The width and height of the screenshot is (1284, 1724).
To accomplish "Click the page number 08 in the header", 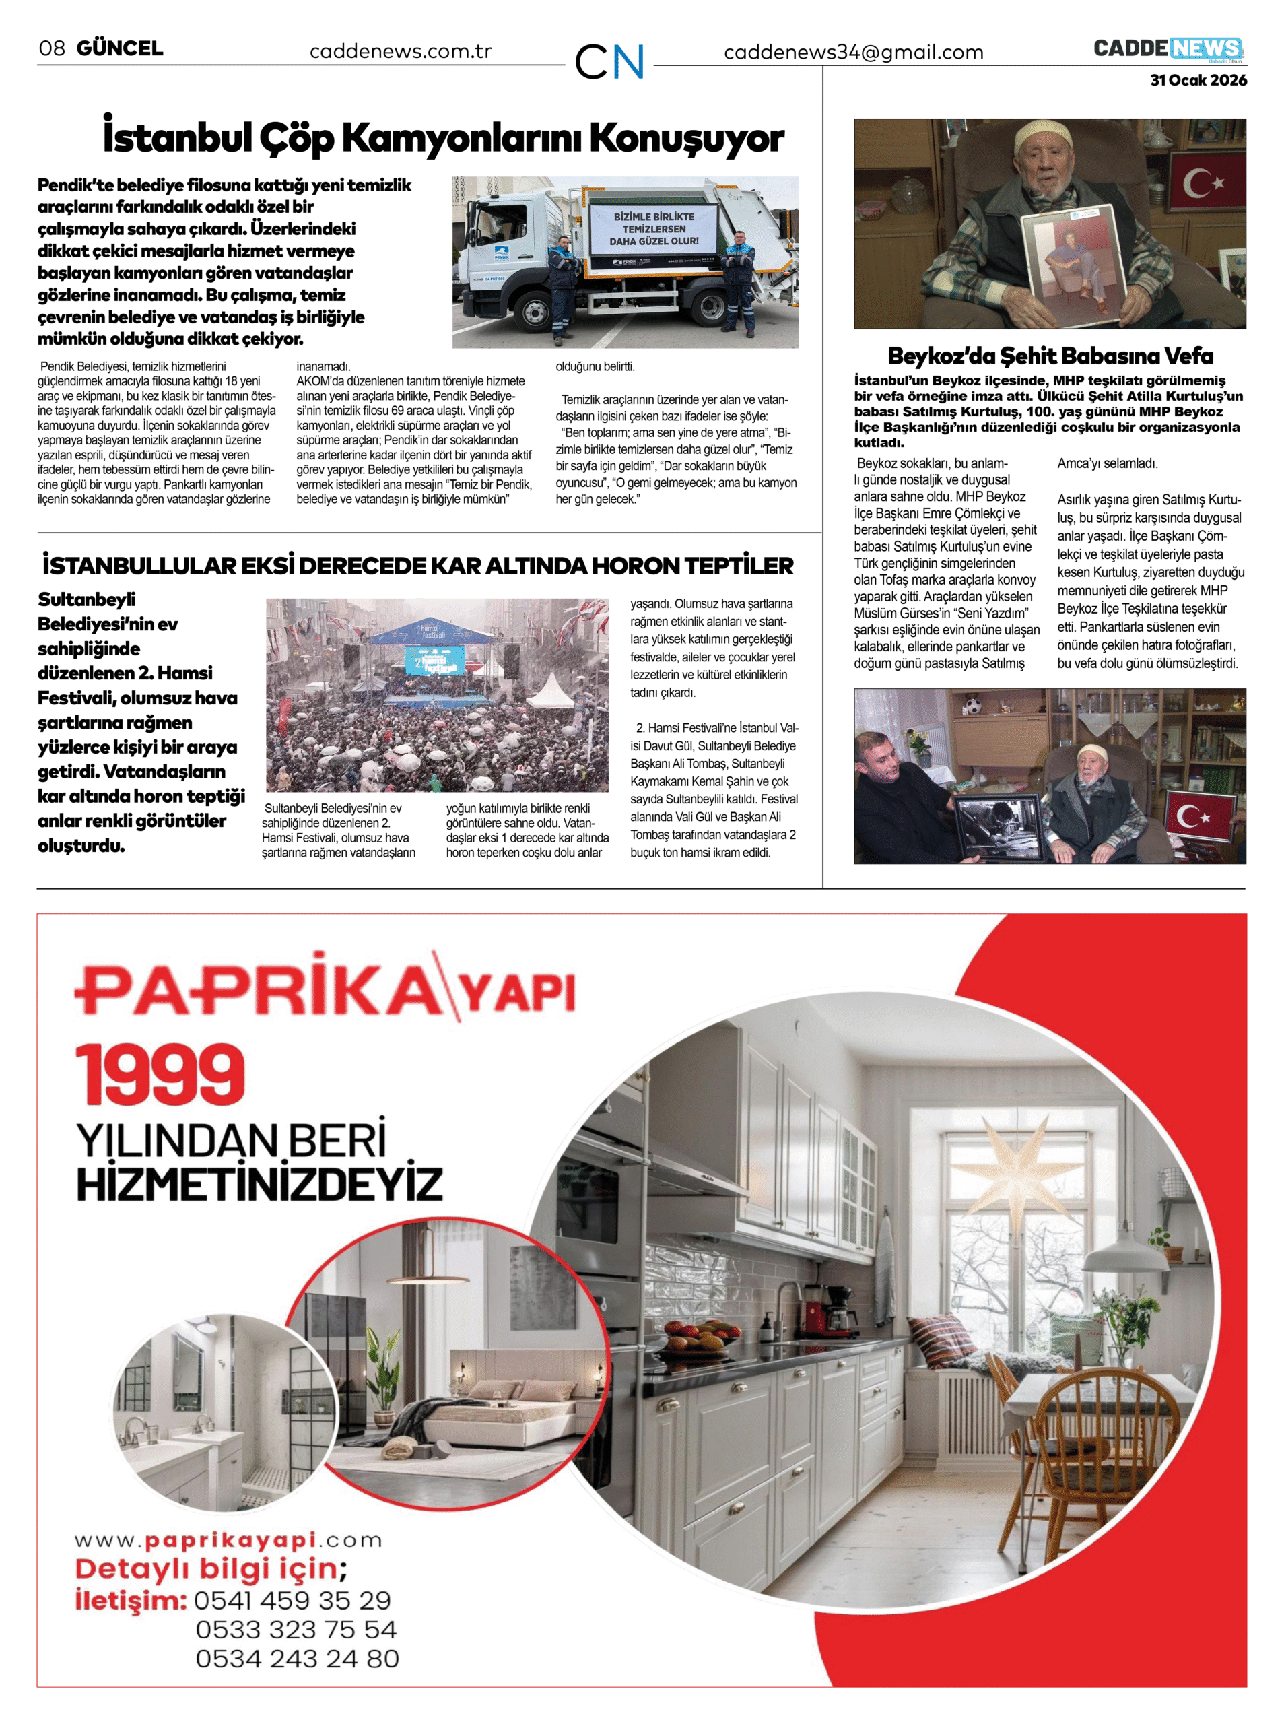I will pyautogui.click(x=51, y=48).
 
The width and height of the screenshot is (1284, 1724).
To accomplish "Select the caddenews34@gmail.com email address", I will pyautogui.click(x=852, y=52).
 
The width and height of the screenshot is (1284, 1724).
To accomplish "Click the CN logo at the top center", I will pyautogui.click(x=609, y=61).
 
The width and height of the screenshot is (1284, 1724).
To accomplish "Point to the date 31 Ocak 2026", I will pyautogui.click(x=1198, y=80).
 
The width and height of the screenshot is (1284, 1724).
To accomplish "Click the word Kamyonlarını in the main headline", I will pyautogui.click(x=462, y=138).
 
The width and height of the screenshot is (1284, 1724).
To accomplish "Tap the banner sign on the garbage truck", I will pyautogui.click(x=654, y=229).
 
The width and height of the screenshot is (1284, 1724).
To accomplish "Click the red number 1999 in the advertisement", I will pyautogui.click(x=160, y=1074).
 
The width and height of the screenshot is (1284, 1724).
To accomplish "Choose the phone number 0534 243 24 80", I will pyautogui.click(x=297, y=1658).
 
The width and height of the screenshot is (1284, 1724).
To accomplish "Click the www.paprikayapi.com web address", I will pyautogui.click(x=228, y=1539).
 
